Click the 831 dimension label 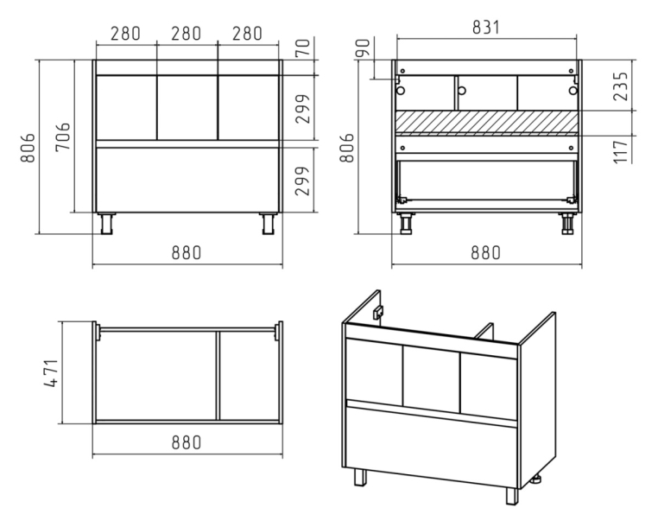pyautogui.click(x=486, y=28)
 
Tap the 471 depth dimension pyautogui.click(x=51, y=373)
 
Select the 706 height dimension pyautogui.click(x=63, y=137)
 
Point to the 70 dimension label pyautogui.click(x=303, y=48)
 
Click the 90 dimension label pyautogui.click(x=364, y=48)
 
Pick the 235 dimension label pyautogui.click(x=621, y=86)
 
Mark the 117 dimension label pyautogui.click(x=621, y=152)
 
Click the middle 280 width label pyautogui.click(x=186, y=34)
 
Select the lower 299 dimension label pyautogui.click(x=303, y=181)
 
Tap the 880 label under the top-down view pyautogui.click(x=187, y=442)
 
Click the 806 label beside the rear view pyautogui.click(x=347, y=148)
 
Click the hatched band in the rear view pyautogui.click(x=487, y=122)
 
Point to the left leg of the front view pyautogui.click(x=106, y=224)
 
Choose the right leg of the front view pyautogui.click(x=268, y=224)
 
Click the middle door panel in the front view pyautogui.click(x=187, y=107)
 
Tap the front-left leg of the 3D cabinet pyautogui.click(x=360, y=477)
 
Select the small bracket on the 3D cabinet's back pyautogui.click(x=378, y=312)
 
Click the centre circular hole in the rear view pyautogui.click(x=462, y=91)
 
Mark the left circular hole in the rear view pyautogui.click(x=401, y=91)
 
